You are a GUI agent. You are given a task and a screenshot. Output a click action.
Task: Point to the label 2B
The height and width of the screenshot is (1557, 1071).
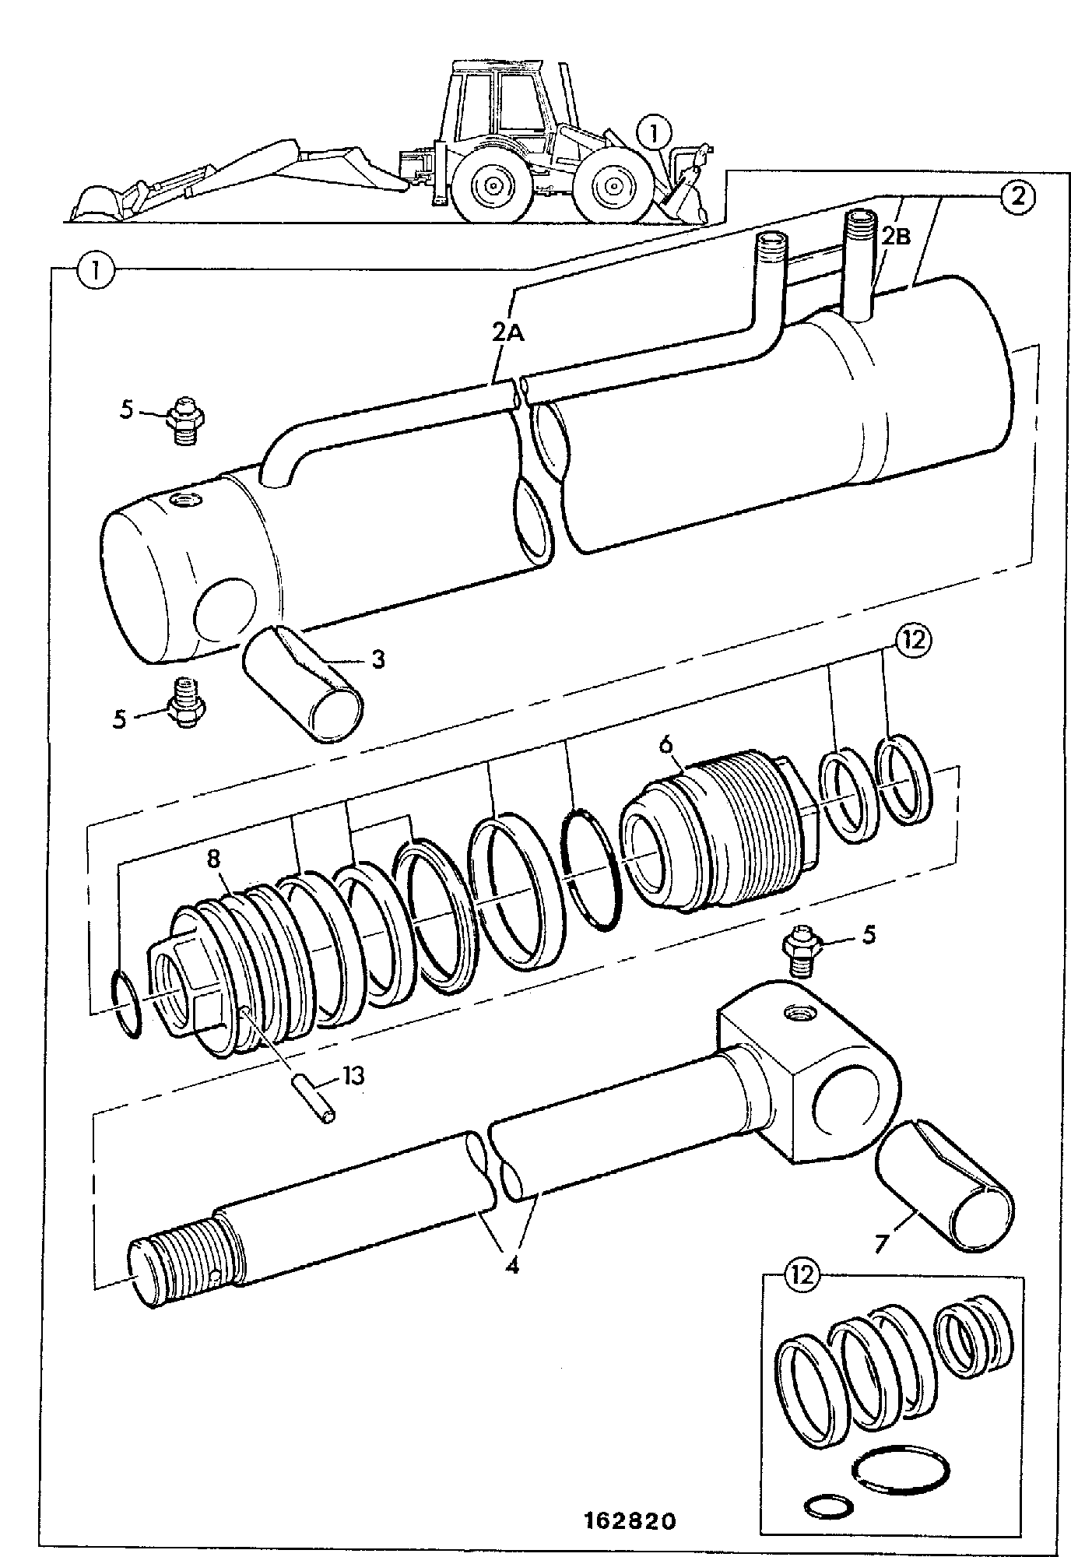coord(894,237)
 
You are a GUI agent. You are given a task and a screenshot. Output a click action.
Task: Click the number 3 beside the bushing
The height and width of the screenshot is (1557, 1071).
coord(377,660)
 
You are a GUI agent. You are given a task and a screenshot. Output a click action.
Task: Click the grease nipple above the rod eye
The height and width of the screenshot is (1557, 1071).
coord(802,951)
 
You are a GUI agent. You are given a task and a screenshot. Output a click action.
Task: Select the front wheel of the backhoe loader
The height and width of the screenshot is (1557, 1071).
coord(616,185)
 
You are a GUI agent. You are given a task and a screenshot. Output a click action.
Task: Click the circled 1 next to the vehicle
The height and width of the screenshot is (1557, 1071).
coord(654,133)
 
